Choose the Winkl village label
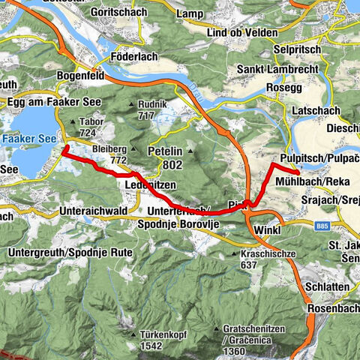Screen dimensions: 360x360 (x=267, y=229)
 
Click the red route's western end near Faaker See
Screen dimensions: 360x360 (x=63, y=148)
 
